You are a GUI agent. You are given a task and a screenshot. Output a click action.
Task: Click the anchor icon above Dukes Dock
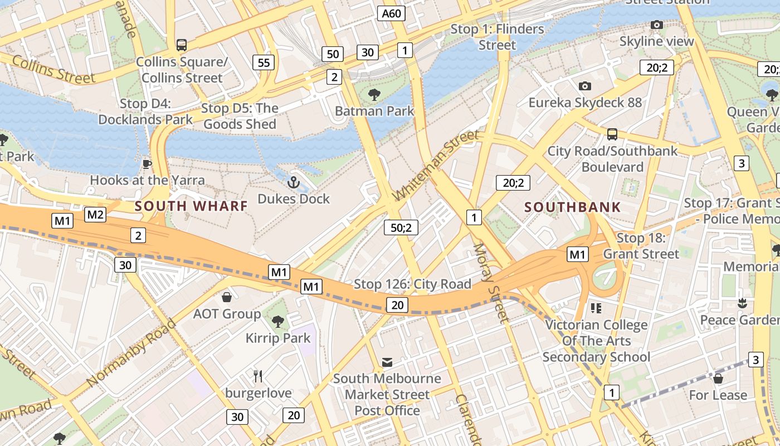pyautogui.click(x=293, y=182)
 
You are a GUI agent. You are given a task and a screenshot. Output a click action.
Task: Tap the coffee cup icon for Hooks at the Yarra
pyautogui.click(x=147, y=164)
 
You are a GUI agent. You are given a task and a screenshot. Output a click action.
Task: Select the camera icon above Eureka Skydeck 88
pyautogui.click(x=584, y=86)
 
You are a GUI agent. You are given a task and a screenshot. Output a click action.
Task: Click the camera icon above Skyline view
pyautogui.click(x=657, y=25)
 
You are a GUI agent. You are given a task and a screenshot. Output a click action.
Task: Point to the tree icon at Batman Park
pyautogui.click(x=374, y=94)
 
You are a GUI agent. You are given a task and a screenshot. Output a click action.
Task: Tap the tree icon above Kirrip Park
pyautogui.click(x=277, y=321)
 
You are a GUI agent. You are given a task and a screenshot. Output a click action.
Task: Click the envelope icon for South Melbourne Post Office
pyautogui.click(x=387, y=362)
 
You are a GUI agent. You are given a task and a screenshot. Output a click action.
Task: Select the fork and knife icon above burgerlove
pyautogui.click(x=258, y=376)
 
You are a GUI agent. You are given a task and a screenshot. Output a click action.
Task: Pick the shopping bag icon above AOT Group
pyautogui.click(x=227, y=297)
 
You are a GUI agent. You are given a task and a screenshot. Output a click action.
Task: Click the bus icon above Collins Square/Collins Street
pyautogui.click(x=181, y=45)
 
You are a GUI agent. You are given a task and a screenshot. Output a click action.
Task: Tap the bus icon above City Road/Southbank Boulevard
pyautogui.click(x=612, y=134)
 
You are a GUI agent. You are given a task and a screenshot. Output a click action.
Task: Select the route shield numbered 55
pyautogui.click(x=264, y=62)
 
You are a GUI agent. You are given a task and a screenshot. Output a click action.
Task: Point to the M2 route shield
pyautogui.click(x=95, y=215)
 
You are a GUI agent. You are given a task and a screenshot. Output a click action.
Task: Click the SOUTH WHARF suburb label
pyautogui.click(x=191, y=206)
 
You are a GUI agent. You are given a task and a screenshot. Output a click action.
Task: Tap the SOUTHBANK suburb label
pyautogui.click(x=572, y=207)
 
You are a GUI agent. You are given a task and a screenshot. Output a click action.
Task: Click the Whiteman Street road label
pyautogui.click(x=436, y=166)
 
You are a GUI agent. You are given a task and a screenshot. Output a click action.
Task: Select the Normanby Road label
pyautogui.click(x=131, y=352)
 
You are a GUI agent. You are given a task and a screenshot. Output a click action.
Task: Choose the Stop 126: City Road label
pyautogui.click(x=413, y=284)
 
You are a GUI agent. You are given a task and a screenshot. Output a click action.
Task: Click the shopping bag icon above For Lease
pyautogui.click(x=718, y=379)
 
